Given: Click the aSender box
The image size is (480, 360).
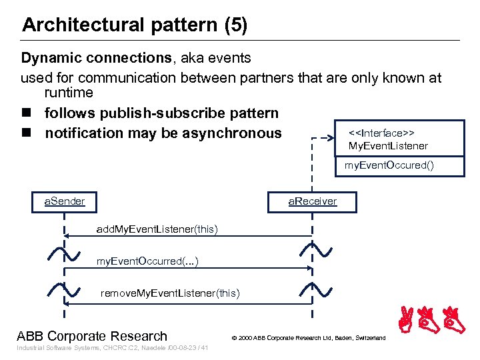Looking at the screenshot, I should tap(65, 201).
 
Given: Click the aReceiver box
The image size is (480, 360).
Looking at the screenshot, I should tap(312, 201).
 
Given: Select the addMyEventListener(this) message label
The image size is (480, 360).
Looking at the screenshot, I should tap(157, 229).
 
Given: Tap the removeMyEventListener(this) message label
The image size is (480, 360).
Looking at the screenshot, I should tap(170, 293).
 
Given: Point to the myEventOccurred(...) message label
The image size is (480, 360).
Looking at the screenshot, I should tap(147, 261).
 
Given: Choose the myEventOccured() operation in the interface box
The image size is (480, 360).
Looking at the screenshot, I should tap(389, 165).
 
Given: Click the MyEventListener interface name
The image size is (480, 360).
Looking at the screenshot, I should tap(388, 146).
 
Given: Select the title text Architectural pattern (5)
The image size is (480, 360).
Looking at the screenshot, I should tap(135, 25).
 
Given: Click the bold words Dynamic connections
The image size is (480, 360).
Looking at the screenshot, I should tap(96, 59).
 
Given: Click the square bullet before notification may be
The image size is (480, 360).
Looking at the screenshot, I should tap(26, 133).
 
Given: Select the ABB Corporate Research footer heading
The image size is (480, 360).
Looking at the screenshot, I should tap(92, 335).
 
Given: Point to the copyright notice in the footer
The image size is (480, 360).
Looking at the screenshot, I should tap(308, 338).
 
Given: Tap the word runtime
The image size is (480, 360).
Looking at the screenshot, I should tap(69, 93).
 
